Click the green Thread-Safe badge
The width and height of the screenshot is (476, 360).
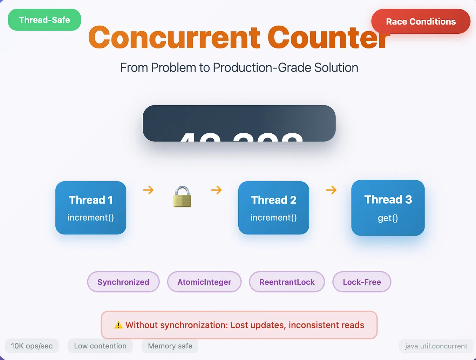click(45, 20)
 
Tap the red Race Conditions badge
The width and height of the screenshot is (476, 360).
click(421, 21)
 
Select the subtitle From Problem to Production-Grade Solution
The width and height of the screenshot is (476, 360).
click(239, 68)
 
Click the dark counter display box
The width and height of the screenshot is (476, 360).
click(239, 123)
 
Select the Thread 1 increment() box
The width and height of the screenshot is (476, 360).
click(91, 208)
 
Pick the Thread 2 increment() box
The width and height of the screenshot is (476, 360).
click(274, 208)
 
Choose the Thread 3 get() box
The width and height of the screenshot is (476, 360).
click(388, 208)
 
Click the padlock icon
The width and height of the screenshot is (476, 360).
click(182, 197)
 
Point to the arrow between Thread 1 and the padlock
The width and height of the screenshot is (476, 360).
click(148, 190)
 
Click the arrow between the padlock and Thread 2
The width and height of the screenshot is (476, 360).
click(216, 190)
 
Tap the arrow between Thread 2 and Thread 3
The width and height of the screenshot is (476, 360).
click(331, 190)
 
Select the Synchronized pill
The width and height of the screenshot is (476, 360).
click(123, 282)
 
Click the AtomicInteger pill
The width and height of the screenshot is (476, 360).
click(204, 282)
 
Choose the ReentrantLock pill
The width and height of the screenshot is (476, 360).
click(287, 282)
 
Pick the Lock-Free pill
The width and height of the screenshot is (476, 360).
click(362, 282)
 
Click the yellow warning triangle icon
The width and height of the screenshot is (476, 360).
click(118, 325)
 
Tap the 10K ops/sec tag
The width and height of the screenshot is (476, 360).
click(32, 346)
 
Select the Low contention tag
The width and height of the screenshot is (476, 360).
click(100, 346)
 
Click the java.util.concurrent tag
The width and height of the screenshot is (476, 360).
click(436, 346)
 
